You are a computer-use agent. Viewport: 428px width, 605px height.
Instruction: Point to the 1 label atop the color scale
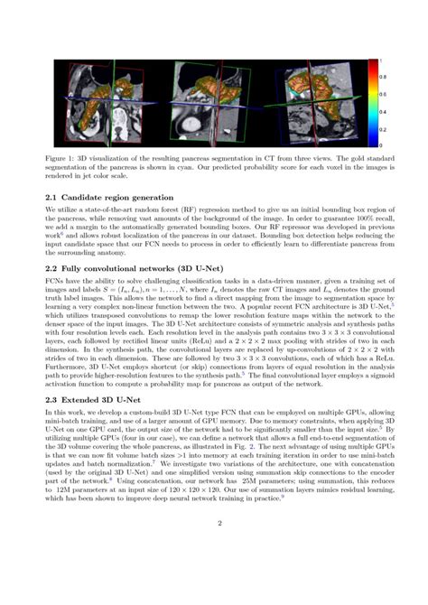pos(379,60)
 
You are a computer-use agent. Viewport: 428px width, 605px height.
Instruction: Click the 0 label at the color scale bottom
pos(379,144)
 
